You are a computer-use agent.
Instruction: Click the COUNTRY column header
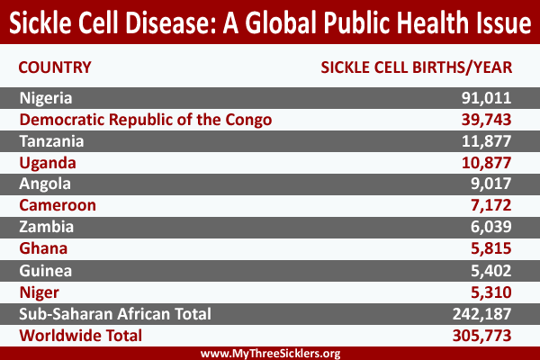click(x=55, y=67)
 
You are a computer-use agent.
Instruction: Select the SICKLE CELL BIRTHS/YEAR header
click(x=416, y=67)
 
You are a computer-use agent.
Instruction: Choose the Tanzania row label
click(x=52, y=141)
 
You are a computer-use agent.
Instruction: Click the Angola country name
click(x=45, y=184)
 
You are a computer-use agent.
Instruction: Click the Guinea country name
click(x=46, y=271)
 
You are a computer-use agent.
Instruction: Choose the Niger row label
click(x=40, y=292)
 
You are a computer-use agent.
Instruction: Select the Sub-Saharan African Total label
click(x=115, y=314)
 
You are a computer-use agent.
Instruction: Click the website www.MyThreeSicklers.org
click(x=270, y=353)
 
